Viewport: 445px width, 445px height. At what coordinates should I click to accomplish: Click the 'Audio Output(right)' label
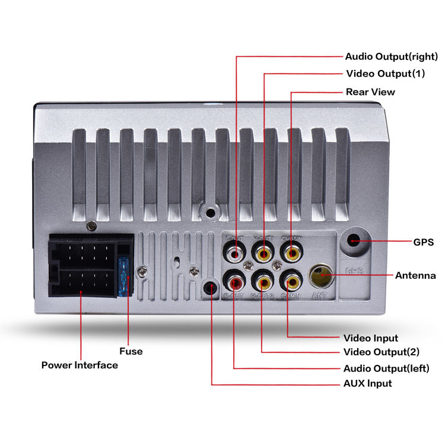click(x=391, y=57)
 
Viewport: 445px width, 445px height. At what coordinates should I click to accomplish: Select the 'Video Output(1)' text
click(x=385, y=74)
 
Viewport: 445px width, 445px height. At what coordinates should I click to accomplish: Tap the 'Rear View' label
click(x=370, y=92)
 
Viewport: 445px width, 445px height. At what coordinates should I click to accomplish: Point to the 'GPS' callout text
click(x=423, y=242)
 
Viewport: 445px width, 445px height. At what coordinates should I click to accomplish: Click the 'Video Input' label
click(x=371, y=338)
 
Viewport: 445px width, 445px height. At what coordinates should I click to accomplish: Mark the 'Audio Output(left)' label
click(x=386, y=368)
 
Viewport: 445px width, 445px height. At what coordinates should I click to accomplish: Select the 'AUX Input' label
click(x=367, y=383)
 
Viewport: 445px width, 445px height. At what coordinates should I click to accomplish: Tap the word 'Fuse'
click(x=131, y=351)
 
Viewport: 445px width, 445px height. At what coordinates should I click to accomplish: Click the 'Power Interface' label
click(x=80, y=365)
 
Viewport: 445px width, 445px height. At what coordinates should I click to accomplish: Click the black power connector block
click(x=82, y=266)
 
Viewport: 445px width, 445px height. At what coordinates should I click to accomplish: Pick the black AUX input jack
click(x=209, y=288)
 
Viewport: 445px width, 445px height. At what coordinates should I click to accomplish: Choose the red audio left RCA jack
click(x=234, y=278)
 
